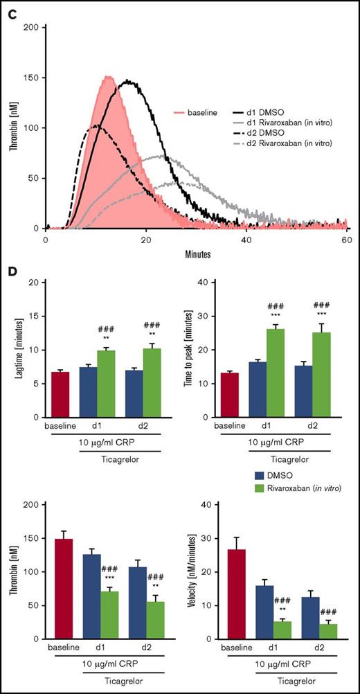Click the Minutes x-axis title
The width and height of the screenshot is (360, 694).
pos(196,253)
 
